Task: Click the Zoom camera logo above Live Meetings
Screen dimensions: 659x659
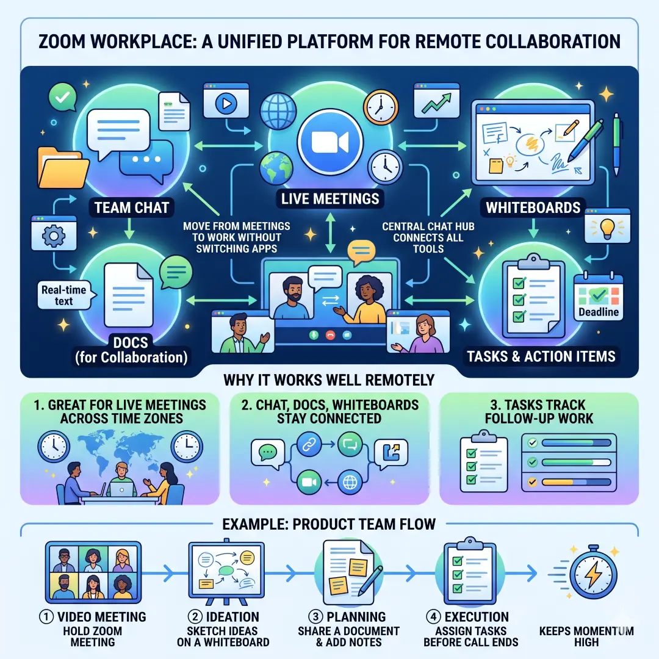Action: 329,142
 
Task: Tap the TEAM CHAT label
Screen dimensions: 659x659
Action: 131,207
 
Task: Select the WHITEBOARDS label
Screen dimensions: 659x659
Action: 533,207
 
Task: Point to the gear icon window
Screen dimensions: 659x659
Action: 54,236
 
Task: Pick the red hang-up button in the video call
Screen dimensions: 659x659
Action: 332,335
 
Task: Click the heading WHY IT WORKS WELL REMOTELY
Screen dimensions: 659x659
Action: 329,380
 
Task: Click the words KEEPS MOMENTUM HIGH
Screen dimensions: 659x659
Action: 586,636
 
